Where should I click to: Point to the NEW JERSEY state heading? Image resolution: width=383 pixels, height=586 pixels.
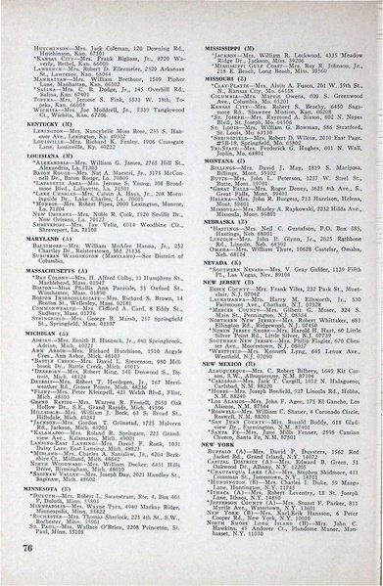click(x=223, y=359)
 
